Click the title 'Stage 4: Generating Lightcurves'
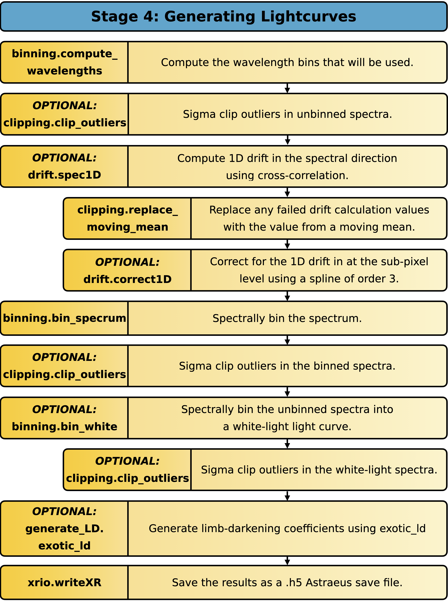[223, 17]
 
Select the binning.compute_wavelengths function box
[65, 62]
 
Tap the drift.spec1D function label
[65, 175]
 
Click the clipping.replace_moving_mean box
[127, 218]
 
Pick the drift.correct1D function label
[127, 279]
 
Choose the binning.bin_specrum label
[65, 318]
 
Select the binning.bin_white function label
[65, 427]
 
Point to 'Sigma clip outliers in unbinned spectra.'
[288, 114]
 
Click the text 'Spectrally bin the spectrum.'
[287, 318]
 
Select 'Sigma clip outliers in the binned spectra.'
[287, 366]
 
